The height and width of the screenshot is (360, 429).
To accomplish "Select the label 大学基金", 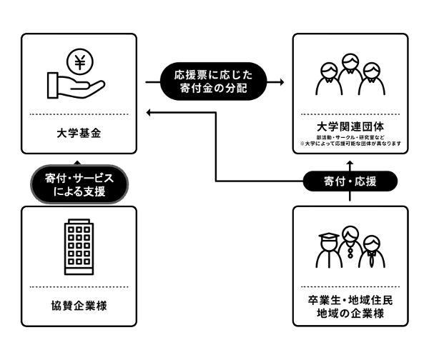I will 79,133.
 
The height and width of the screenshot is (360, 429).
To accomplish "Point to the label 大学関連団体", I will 350,126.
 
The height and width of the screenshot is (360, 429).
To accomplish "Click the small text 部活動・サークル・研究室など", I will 350,136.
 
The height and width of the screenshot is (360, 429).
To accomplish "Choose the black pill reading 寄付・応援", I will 350,181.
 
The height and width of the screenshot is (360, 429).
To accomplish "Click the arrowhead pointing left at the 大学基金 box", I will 147,112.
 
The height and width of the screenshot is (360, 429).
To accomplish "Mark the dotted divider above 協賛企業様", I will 79,287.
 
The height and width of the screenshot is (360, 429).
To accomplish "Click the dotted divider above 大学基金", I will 79,114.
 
